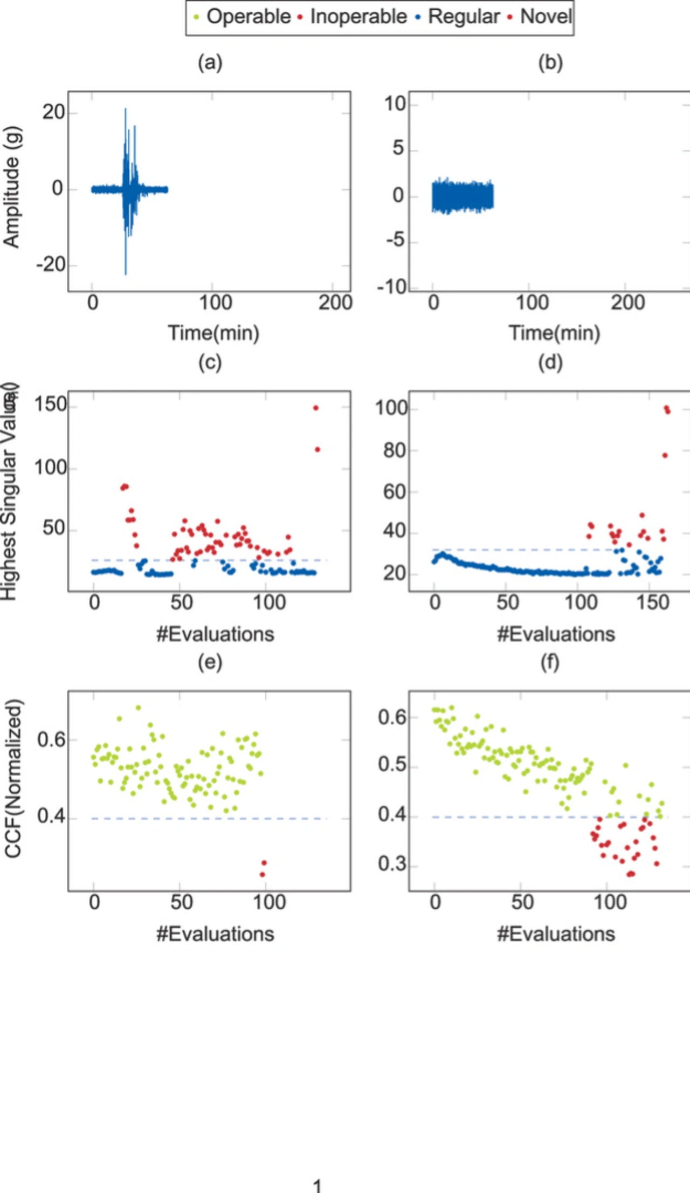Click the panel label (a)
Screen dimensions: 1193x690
click(210, 63)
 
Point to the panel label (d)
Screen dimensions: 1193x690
click(550, 362)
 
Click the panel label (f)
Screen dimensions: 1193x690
click(550, 662)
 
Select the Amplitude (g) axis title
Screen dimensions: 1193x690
click(11, 187)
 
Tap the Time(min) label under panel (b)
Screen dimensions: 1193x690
click(554, 333)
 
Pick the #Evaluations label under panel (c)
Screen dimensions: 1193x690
click(215, 634)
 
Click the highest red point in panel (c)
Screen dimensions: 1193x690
click(316, 408)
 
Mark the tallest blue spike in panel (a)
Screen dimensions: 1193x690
click(126, 110)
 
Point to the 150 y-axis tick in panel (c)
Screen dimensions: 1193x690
click(50, 404)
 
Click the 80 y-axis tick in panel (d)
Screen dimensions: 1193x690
click(394, 450)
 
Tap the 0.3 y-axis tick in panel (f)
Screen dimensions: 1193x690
click(391, 863)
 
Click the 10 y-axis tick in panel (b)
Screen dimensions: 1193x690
click(395, 104)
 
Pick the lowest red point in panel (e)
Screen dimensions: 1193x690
click(263, 874)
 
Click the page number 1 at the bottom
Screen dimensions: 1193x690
click(317, 1185)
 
